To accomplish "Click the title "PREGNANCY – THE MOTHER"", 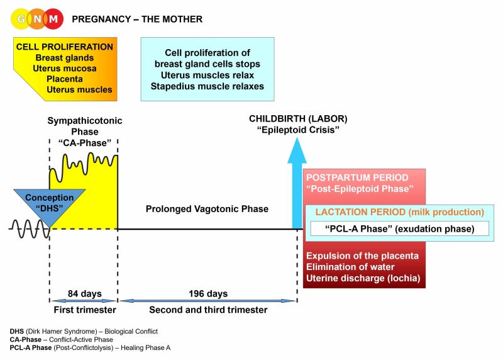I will tap(137, 20).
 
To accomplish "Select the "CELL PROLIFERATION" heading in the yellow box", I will tap(65, 47).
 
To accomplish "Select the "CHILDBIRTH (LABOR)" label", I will tap(298, 118).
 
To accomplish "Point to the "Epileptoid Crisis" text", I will tap(298, 130).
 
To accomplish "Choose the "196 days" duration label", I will tap(208, 294).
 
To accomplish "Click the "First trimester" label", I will tap(83, 310).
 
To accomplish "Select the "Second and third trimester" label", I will tap(208, 310).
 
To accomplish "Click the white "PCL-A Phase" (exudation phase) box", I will tap(400, 228).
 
